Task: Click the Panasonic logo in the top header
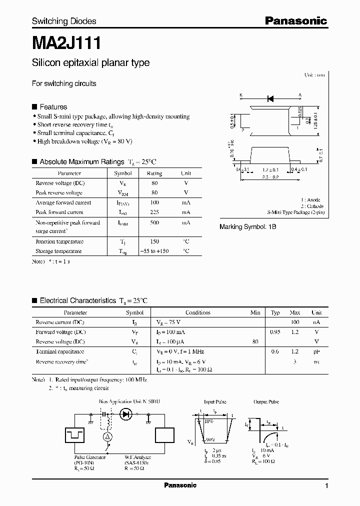(x=295, y=21)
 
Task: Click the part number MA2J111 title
(x=66, y=43)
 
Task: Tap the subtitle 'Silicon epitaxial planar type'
(x=90, y=63)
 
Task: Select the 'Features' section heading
(x=53, y=107)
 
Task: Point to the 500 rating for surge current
(x=154, y=222)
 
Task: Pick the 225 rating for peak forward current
(x=154, y=212)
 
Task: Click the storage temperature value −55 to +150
(x=154, y=251)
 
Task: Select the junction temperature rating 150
(x=154, y=241)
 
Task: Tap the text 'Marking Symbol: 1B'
(x=248, y=226)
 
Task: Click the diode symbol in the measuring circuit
(x=126, y=414)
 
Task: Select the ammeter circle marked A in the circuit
(x=106, y=436)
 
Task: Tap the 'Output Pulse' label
(x=266, y=402)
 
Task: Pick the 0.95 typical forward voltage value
(x=275, y=332)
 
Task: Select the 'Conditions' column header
(x=198, y=312)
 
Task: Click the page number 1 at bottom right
(x=326, y=486)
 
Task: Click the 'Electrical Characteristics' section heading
(x=77, y=301)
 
